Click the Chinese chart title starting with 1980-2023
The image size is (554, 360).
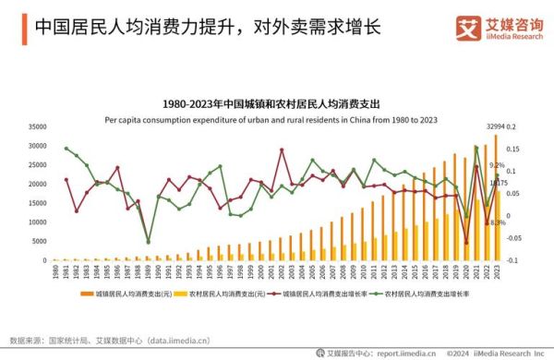pos(277,103)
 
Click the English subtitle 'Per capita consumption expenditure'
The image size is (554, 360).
pos(277,119)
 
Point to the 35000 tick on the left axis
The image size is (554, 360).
pos(37,126)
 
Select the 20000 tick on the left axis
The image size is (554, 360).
pos(37,184)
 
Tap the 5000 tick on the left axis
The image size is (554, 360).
pos(40,241)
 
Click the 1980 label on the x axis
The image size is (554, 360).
pos(55,273)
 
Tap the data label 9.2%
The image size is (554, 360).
pos(497,165)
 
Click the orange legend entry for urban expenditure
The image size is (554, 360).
pos(125,293)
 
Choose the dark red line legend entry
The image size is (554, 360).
pos(324,293)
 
